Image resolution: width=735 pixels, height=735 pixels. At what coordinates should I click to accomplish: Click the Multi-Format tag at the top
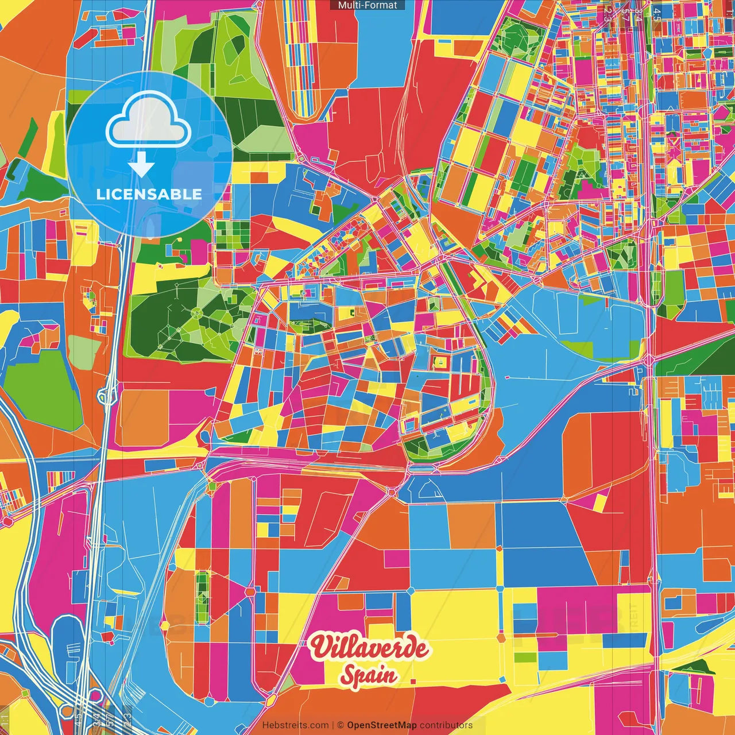[367, 5]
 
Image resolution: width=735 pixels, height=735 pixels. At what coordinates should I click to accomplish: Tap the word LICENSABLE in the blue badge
[149, 194]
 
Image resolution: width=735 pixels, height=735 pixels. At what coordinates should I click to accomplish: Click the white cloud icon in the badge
[149, 119]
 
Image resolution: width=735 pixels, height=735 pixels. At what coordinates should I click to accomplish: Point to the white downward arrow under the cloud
[141, 165]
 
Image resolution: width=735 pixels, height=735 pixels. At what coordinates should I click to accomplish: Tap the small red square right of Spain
[413, 682]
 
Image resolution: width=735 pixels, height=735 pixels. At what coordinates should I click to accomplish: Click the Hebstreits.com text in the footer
[295, 725]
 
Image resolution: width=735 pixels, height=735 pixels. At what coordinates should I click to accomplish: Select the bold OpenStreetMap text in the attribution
[382, 725]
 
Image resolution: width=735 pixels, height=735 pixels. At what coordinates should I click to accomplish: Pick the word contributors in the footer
[446, 725]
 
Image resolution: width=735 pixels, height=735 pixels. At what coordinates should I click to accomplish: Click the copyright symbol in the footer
[341, 725]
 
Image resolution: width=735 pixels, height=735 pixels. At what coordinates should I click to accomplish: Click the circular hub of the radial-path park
[196, 313]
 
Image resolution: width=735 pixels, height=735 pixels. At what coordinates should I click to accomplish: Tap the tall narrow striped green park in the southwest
[202, 597]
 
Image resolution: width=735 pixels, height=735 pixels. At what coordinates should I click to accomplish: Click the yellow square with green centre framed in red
[440, 362]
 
